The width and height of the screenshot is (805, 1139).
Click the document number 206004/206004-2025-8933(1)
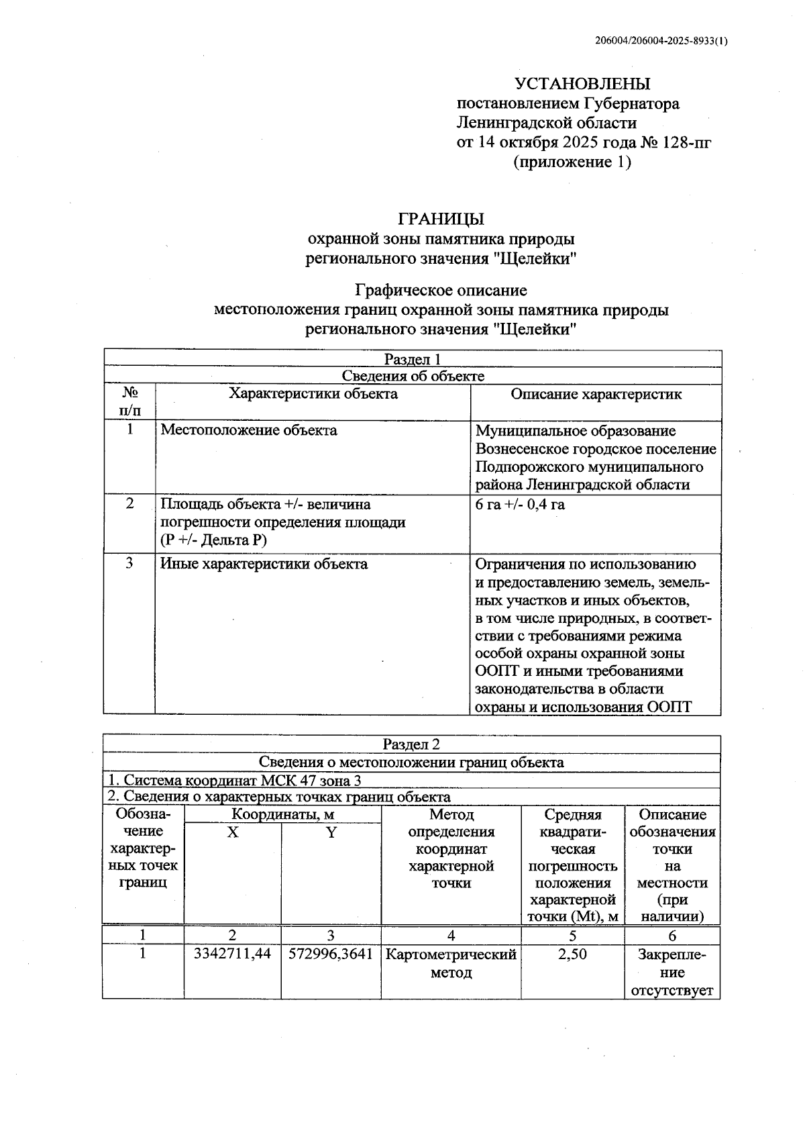pos(661,40)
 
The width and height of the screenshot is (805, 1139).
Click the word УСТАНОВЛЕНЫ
pos(582,84)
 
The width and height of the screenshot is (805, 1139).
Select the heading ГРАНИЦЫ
pos(441,219)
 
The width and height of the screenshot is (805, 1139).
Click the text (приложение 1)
pos(572,162)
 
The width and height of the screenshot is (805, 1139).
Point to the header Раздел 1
pos(412,359)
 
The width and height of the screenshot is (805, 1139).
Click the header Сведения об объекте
pos(412,376)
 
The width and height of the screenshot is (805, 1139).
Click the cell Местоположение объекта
pos(249,430)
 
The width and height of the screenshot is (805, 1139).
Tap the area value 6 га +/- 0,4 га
pos(520,504)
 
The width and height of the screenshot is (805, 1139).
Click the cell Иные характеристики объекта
pos(264,564)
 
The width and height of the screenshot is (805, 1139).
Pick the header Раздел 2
pos(411,744)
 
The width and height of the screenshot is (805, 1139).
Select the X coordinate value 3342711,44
pos(232,954)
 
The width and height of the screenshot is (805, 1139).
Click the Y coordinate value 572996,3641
pos(331,954)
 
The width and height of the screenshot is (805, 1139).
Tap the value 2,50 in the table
pos(572,954)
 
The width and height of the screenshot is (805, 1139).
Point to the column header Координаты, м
pos(282,815)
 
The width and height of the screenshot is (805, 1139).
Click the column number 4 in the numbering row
pos(451,936)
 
